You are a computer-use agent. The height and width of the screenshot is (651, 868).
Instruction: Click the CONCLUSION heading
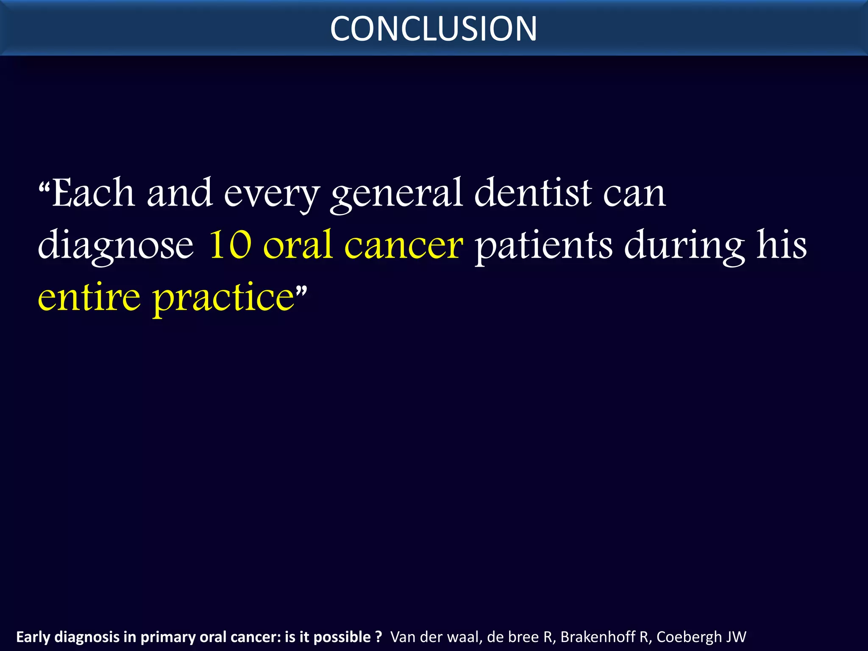pos(434,29)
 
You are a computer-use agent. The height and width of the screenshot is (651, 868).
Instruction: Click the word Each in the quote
pos(93,193)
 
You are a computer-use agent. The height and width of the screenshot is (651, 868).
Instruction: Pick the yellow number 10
pos(231,245)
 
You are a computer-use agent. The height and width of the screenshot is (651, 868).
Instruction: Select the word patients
pos(543,246)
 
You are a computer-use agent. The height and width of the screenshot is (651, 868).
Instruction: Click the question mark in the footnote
pos(378,637)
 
